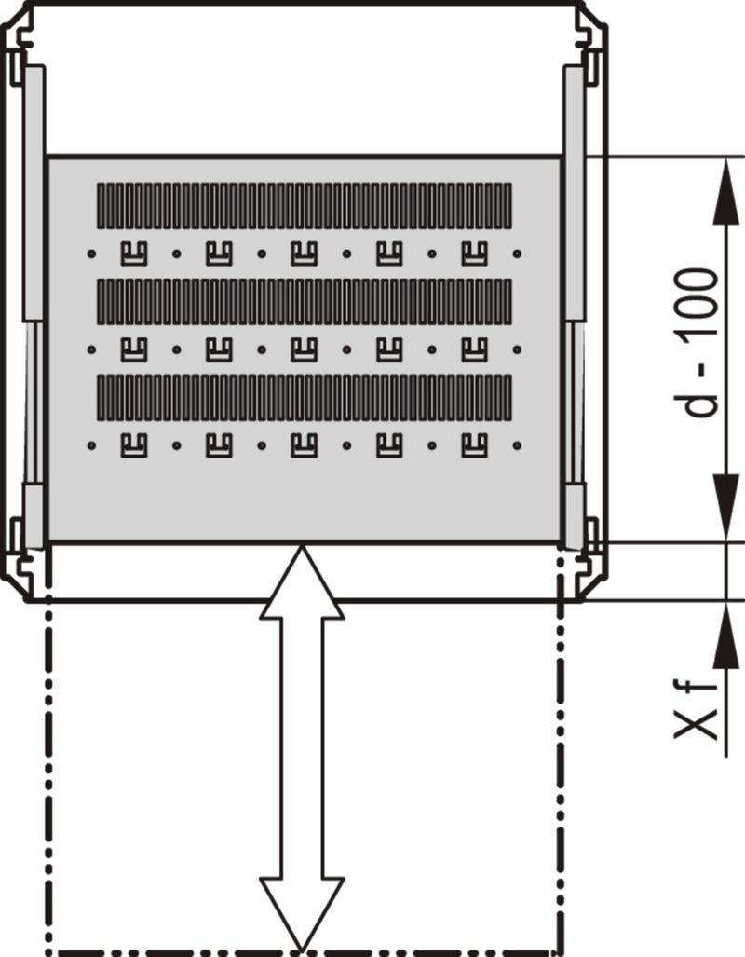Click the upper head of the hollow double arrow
click(302, 582)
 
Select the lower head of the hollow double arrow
click(302, 913)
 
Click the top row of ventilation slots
click(305, 206)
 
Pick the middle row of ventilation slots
click(305, 302)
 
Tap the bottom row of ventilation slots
click(305, 397)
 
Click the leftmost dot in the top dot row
click(91, 253)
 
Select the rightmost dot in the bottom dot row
click(518, 445)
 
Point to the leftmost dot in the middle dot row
click(91, 349)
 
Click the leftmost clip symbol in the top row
click(134, 253)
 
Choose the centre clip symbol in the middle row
click(305, 349)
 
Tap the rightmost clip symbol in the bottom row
click(475, 445)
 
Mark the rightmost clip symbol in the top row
click(475, 253)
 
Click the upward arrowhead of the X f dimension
click(726, 635)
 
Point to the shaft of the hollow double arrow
click(302, 748)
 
